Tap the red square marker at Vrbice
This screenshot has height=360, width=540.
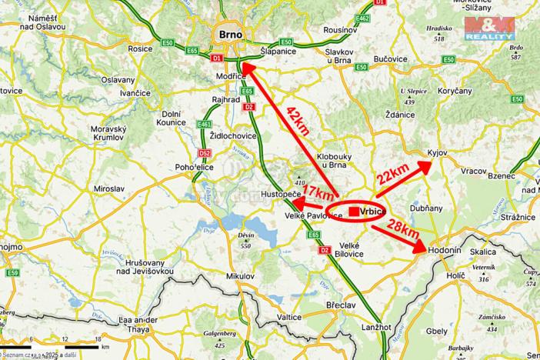pyautogui.click(x=353, y=211)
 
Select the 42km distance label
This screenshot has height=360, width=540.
pyautogui.click(x=298, y=121)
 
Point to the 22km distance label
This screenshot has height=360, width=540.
pyautogui.click(x=392, y=175)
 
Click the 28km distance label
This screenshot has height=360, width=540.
pyautogui.click(x=402, y=228)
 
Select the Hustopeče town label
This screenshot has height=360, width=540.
pyautogui.click(x=281, y=195)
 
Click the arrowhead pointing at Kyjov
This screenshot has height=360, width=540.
pyautogui.click(x=428, y=164)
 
